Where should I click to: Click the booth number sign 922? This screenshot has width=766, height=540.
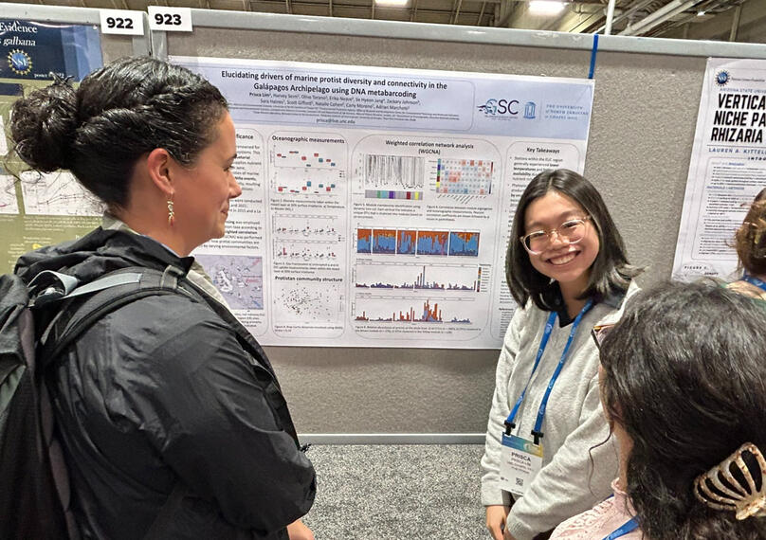click(121, 22)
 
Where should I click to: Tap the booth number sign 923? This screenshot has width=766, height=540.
click(170, 19)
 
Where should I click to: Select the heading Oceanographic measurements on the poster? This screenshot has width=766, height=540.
click(309, 138)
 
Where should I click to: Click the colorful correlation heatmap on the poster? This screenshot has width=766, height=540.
click(465, 176)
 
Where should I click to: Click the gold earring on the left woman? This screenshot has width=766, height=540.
click(171, 210)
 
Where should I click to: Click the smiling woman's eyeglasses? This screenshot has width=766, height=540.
click(556, 234)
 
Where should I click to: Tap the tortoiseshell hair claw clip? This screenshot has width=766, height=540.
click(730, 483)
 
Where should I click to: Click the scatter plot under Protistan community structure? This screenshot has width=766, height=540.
click(308, 303)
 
